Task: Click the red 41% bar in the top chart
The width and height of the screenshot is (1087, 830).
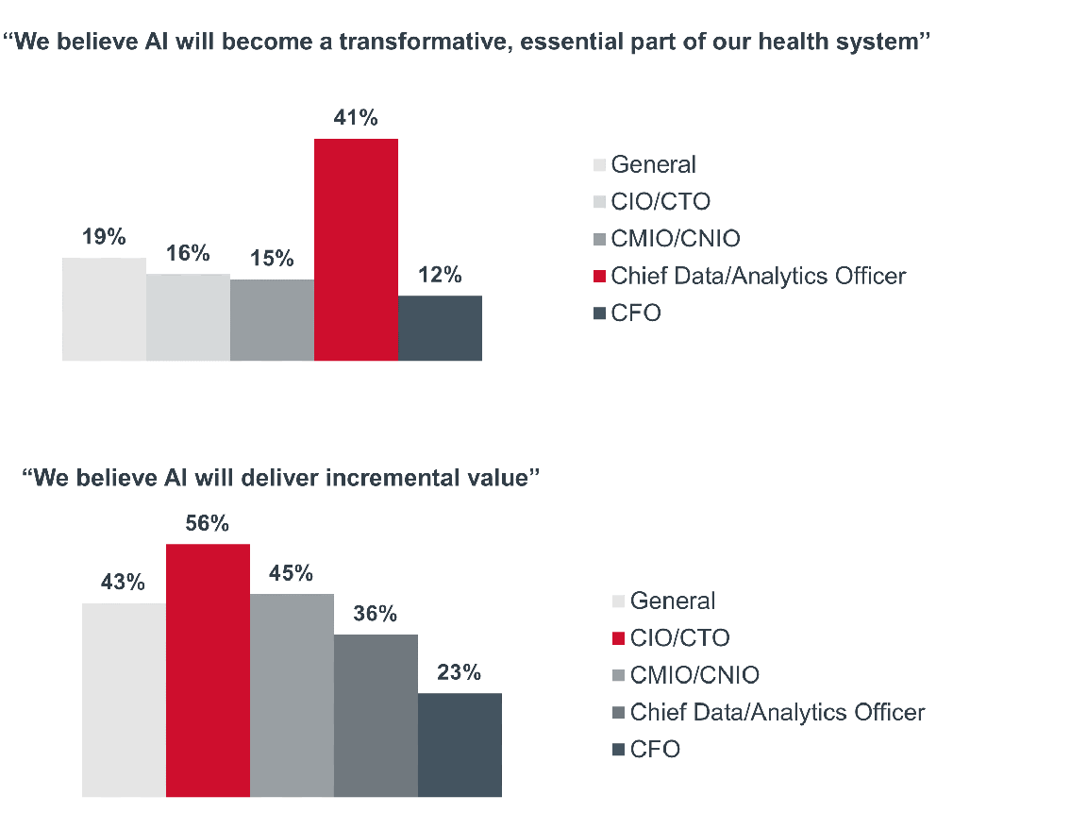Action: pos(356,249)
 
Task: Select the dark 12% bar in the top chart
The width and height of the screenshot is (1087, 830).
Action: pos(440,328)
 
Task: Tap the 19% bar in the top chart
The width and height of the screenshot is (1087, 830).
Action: pos(104,309)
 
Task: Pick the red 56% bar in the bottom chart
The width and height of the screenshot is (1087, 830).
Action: pos(208,670)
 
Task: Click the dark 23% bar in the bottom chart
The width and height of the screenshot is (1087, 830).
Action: pos(460,745)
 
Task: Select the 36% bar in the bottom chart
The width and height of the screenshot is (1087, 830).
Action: pos(376,716)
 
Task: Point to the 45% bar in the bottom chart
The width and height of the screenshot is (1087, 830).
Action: pos(292,695)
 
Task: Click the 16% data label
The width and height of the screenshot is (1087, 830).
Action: pos(188,253)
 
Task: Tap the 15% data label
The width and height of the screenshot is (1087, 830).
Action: pos(272,259)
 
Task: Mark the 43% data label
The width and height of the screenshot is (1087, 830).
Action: pos(124,583)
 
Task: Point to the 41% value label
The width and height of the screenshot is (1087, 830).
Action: pos(356,118)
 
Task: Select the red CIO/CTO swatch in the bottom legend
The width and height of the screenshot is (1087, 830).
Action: pos(619,638)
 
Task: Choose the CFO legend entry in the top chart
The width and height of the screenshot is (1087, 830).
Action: pos(636,313)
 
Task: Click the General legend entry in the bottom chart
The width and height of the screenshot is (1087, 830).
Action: pos(673,601)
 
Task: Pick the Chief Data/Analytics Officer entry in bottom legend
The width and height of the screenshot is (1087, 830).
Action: pos(778,712)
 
